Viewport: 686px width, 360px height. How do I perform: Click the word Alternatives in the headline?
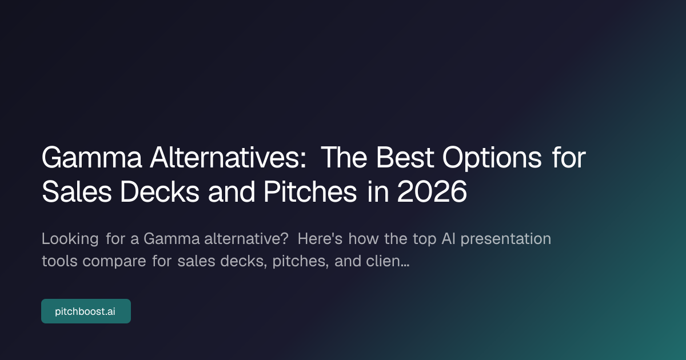coord(228,157)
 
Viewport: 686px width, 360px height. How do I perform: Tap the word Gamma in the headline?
coord(92,158)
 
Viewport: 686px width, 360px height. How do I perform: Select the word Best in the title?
coord(405,157)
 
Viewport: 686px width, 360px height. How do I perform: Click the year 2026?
coord(432,191)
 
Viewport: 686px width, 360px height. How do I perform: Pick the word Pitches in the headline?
coord(310,191)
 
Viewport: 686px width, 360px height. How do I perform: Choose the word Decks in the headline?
coord(159,191)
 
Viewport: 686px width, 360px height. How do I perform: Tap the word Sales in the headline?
coord(77,191)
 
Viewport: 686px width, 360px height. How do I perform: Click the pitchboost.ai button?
coord(86,311)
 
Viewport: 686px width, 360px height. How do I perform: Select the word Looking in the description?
coord(70,239)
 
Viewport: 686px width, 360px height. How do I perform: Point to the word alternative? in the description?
coord(246,239)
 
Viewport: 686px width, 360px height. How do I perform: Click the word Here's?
coord(320,238)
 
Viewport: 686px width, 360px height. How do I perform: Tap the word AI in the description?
coord(448,239)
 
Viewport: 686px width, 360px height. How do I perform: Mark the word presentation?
coord(506,239)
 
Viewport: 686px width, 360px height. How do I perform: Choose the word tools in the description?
coord(59,261)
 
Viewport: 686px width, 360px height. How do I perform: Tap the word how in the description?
coord(363,238)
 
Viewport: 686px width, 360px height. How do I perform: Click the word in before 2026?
coord(378,191)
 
